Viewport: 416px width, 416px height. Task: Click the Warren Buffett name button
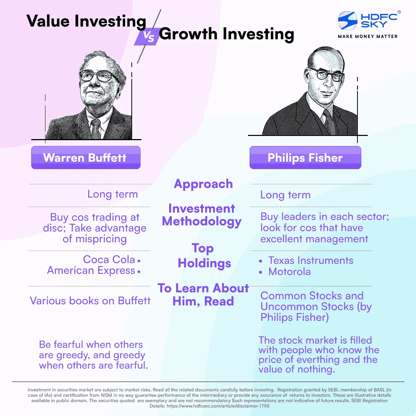(x=86, y=158)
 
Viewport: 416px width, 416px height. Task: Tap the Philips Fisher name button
(x=305, y=158)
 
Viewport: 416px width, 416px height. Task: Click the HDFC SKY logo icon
(x=347, y=21)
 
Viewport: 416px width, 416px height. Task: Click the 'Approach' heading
(x=203, y=184)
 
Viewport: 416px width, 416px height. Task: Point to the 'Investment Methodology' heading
(x=202, y=215)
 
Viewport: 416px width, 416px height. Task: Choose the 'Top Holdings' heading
(x=204, y=256)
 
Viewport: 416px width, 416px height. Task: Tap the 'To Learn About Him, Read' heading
(x=203, y=294)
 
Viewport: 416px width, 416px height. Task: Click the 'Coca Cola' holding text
(x=109, y=259)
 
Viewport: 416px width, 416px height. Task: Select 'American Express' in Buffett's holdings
(x=91, y=270)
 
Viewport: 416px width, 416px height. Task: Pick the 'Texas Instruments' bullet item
(x=310, y=260)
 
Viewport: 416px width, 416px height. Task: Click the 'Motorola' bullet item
(x=289, y=272)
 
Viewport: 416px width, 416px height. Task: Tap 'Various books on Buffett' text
(x=90, y=300)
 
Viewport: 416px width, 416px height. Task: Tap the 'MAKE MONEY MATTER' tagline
(x=367, y=36)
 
